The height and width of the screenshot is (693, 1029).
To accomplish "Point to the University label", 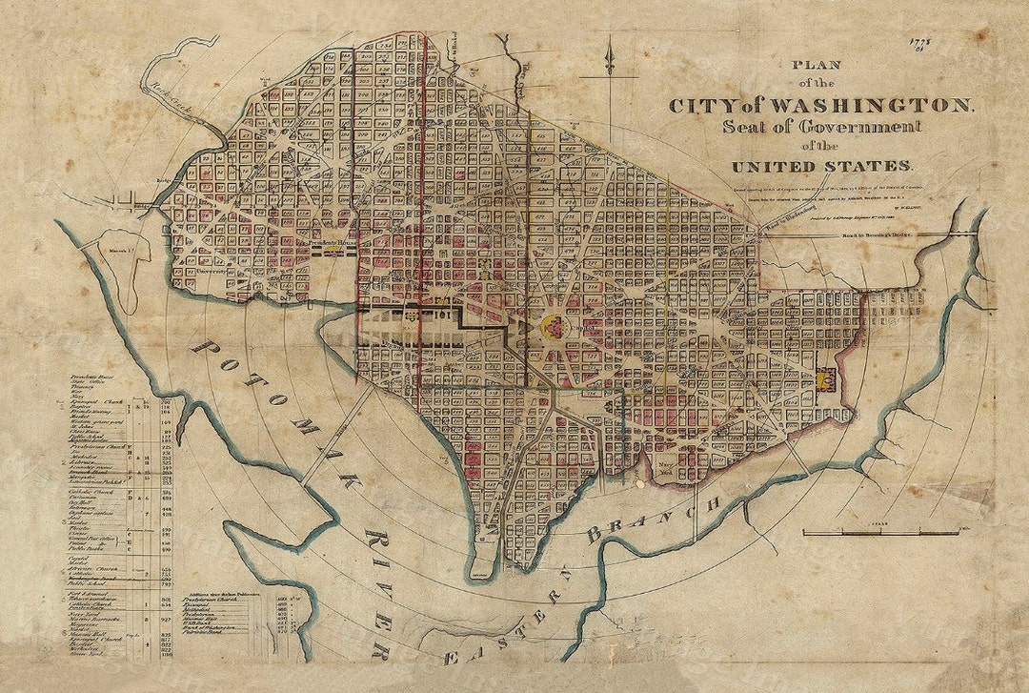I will pos(218,271).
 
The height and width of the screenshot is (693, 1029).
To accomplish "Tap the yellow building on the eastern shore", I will pos(824,379).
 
